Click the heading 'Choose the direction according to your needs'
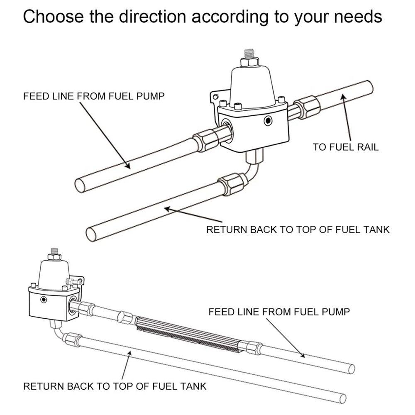[203, 17]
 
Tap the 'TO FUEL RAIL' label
[346, 147]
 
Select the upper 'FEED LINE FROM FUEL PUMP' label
[94, 96]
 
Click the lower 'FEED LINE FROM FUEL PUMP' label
[279, 312]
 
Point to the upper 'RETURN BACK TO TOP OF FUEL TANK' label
[298, 229]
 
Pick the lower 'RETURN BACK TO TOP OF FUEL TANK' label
[115, 386]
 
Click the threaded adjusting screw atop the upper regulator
[249, 54]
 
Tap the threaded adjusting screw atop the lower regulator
[54, 251]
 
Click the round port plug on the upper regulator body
[269, 121]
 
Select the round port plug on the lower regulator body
[44, 300]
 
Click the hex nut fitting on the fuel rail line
[307, 107]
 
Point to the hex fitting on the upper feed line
[206, 139]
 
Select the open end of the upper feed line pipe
[80, 185]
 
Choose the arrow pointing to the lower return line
[126, 366]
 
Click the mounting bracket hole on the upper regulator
[216, 96]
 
